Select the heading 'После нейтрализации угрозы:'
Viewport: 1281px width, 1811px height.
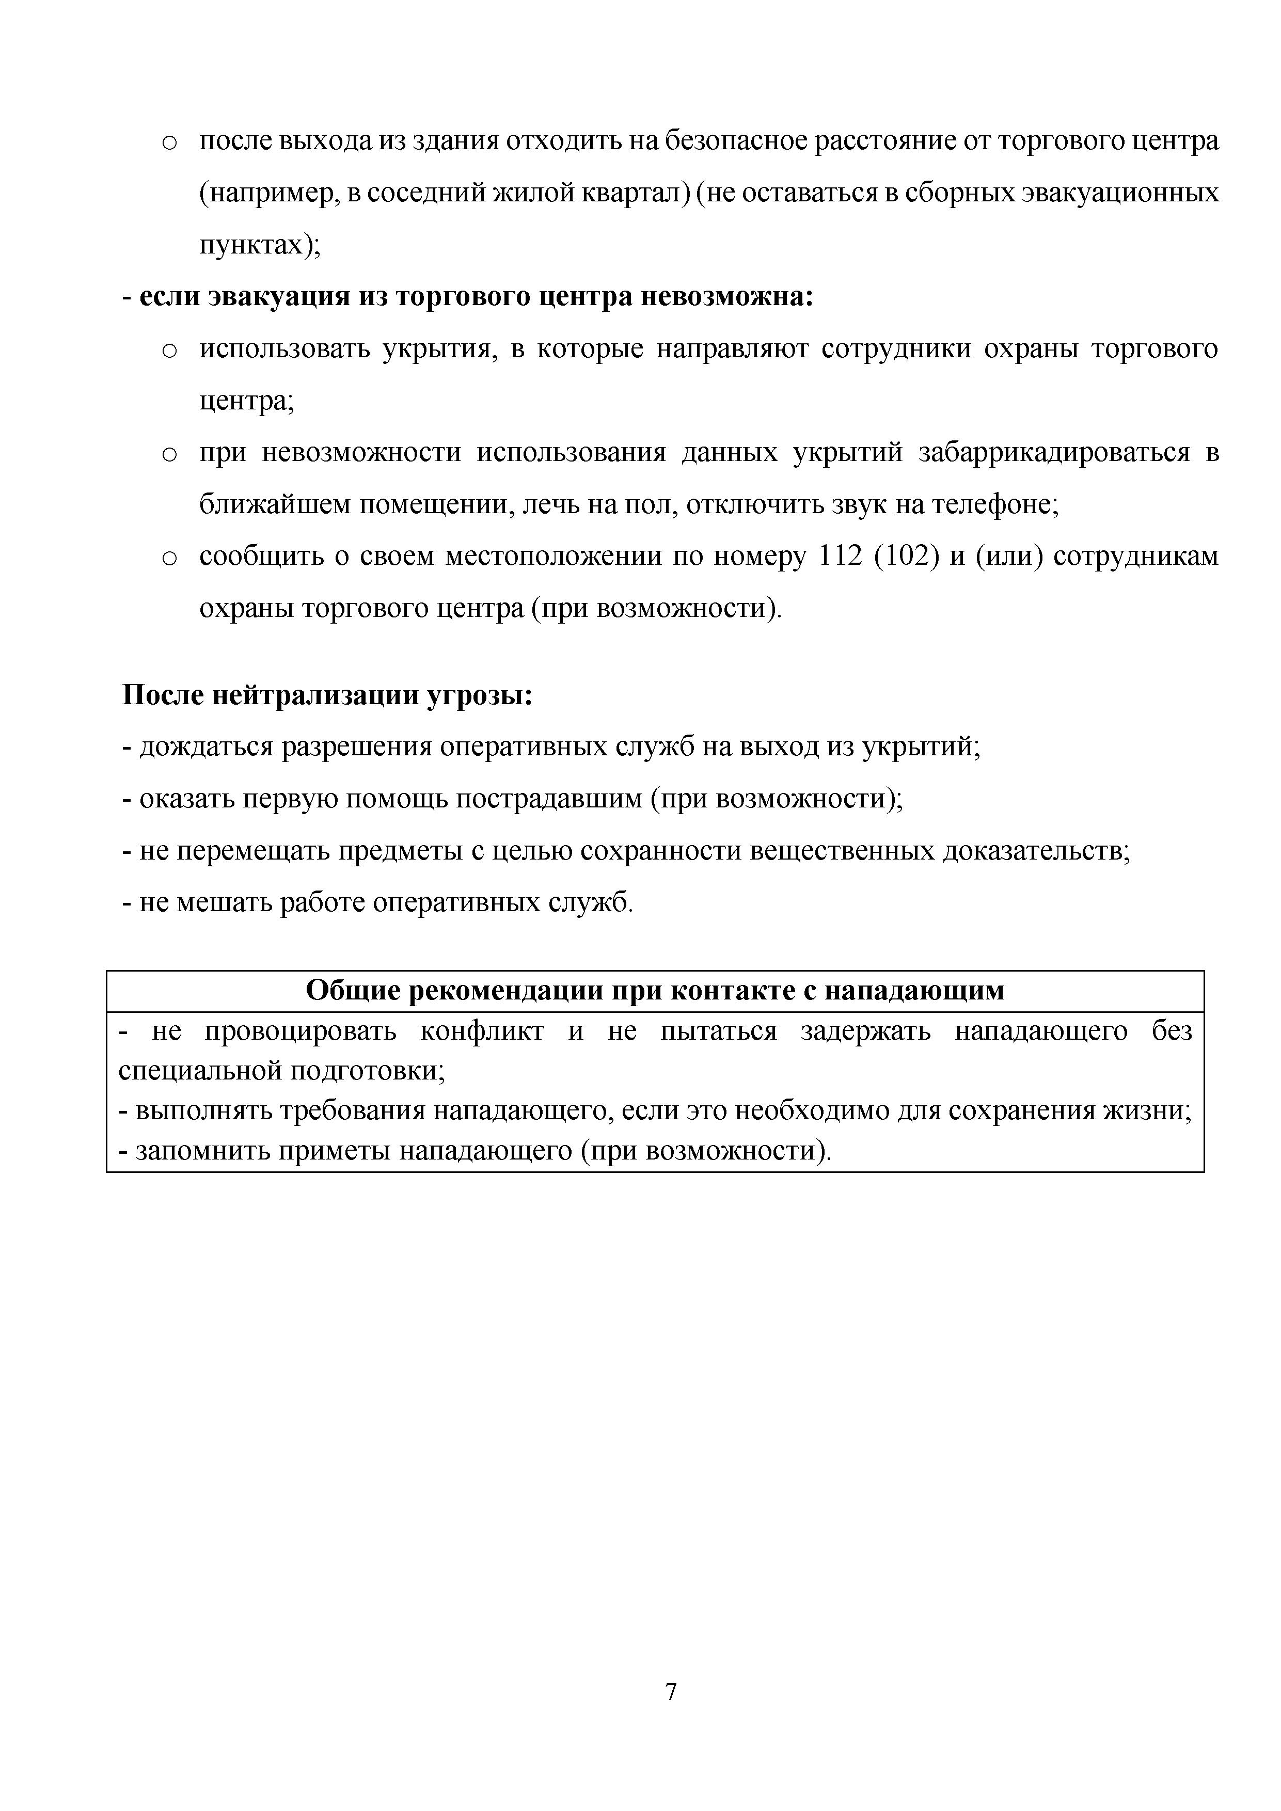point(327,696)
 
